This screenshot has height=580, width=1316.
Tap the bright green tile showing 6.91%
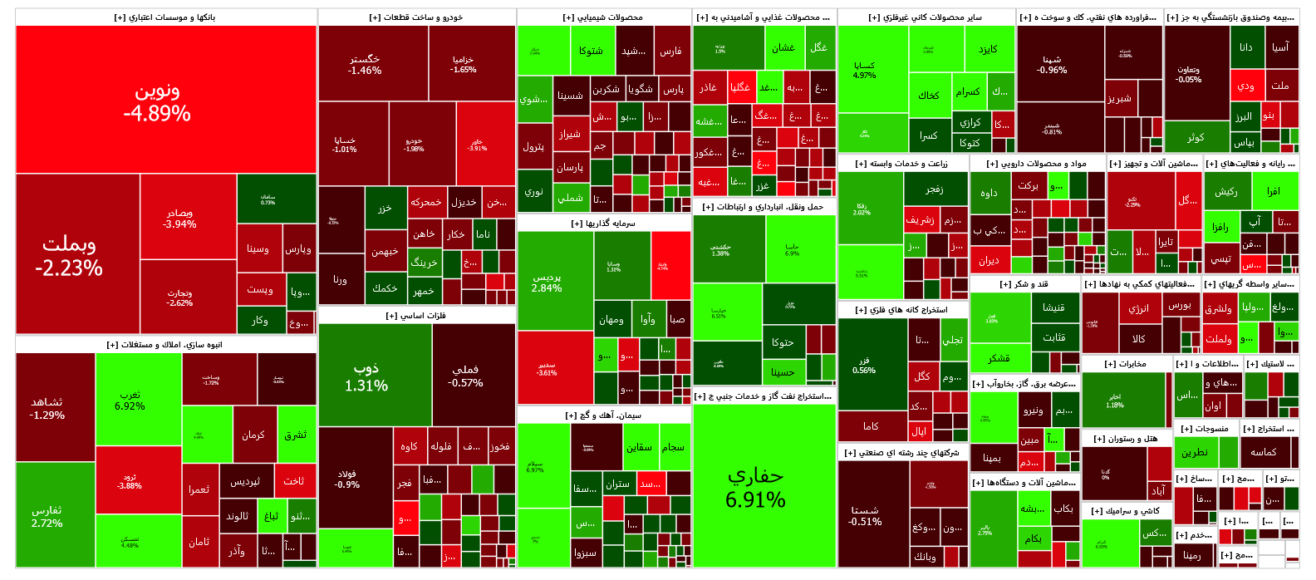764,486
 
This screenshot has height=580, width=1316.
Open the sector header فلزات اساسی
416,316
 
